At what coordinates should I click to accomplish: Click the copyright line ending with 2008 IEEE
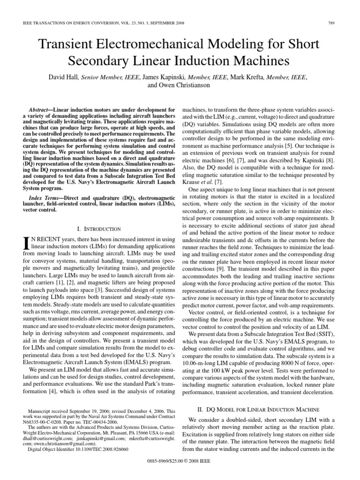pyautogui.click(x=180, y=471)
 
